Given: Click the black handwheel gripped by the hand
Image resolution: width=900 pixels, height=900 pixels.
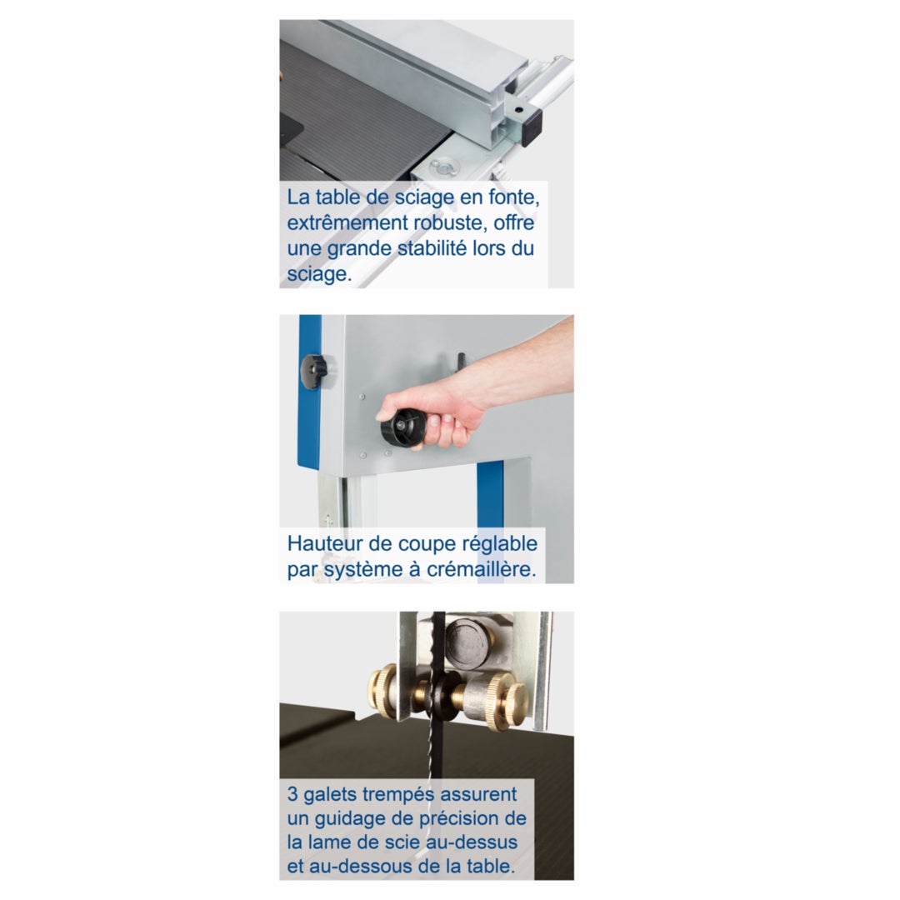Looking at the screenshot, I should tap(400, 427).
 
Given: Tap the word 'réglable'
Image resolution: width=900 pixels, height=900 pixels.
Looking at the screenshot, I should tap(498, 544).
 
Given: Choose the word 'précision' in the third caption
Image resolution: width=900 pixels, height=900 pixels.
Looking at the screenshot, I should tap(463, 818).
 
